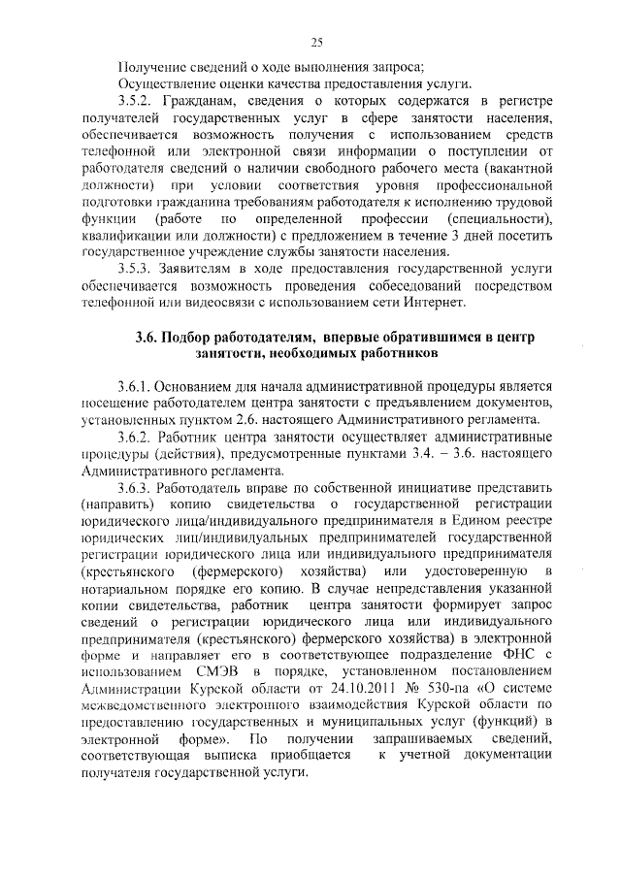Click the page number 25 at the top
[x=316, y=41]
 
